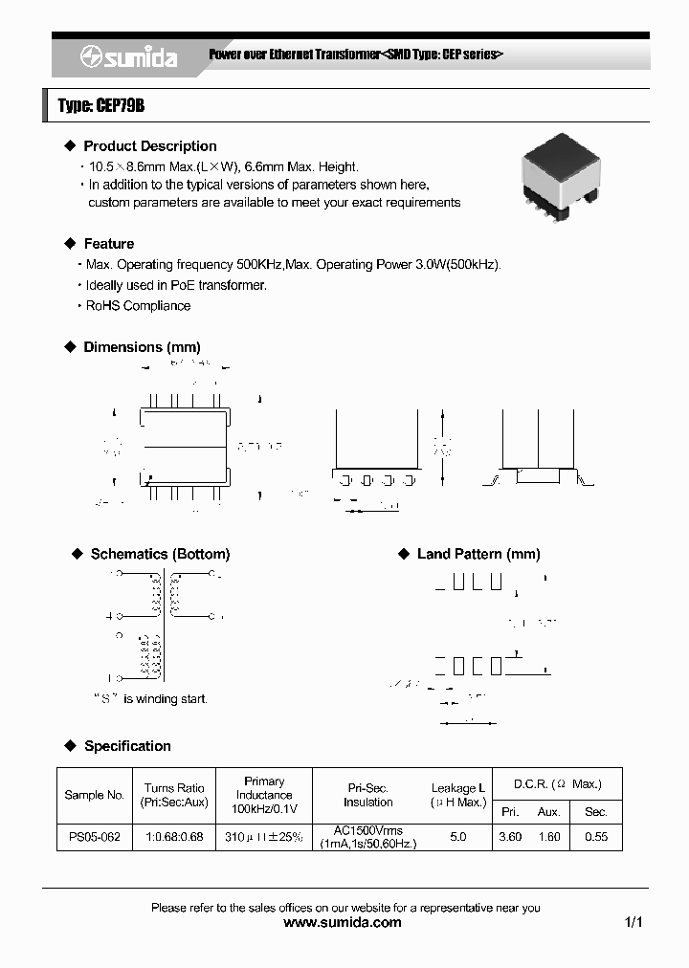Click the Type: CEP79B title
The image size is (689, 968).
point(101,106)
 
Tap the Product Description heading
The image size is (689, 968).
point(149,146)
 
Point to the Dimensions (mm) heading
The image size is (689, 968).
point(142,347)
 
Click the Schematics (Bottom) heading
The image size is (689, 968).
point(160,554)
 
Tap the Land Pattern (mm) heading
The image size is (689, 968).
point(478,554)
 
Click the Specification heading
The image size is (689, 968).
point(127,746)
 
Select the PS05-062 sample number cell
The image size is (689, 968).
point(95,837)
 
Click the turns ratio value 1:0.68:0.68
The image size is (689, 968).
point(174,837)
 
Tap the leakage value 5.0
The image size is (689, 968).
point(457,837)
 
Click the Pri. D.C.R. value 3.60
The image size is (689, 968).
point(510,837)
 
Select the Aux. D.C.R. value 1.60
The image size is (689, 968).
point(548,837)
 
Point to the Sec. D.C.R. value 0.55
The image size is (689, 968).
point(595,837)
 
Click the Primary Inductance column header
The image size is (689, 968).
point(264,795)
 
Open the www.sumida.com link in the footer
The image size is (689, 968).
point(344,923)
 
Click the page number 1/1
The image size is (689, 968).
point(633,923)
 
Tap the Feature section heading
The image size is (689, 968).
point(108,244)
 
